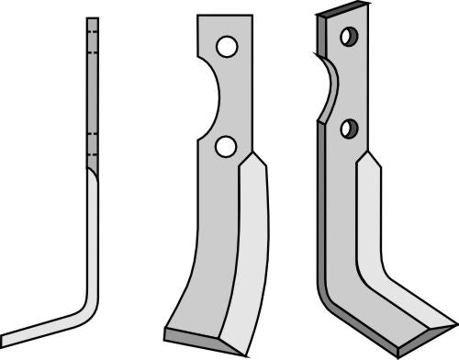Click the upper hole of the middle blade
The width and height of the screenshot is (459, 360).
(227, 45)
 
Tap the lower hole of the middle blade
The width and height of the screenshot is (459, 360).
(224, 144)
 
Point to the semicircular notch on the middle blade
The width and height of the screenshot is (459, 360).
(207, 96)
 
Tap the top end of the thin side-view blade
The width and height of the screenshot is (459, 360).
(92, 18)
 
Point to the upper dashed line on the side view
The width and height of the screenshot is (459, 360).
(92, 38)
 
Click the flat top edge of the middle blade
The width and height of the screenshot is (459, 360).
(225, 15)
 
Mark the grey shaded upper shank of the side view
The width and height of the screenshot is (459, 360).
(92, 92)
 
